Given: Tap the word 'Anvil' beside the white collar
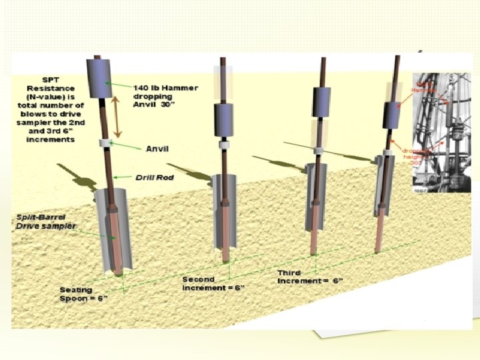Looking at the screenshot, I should click(157, 149).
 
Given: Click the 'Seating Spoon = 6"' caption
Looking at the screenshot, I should click(83, 294).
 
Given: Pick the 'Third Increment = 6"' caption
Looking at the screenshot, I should click(311, 277).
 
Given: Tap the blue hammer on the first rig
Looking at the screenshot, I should click(102, 77).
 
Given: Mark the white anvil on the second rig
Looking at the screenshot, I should click(225, 145).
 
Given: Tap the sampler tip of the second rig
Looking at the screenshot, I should click(227, 257).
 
